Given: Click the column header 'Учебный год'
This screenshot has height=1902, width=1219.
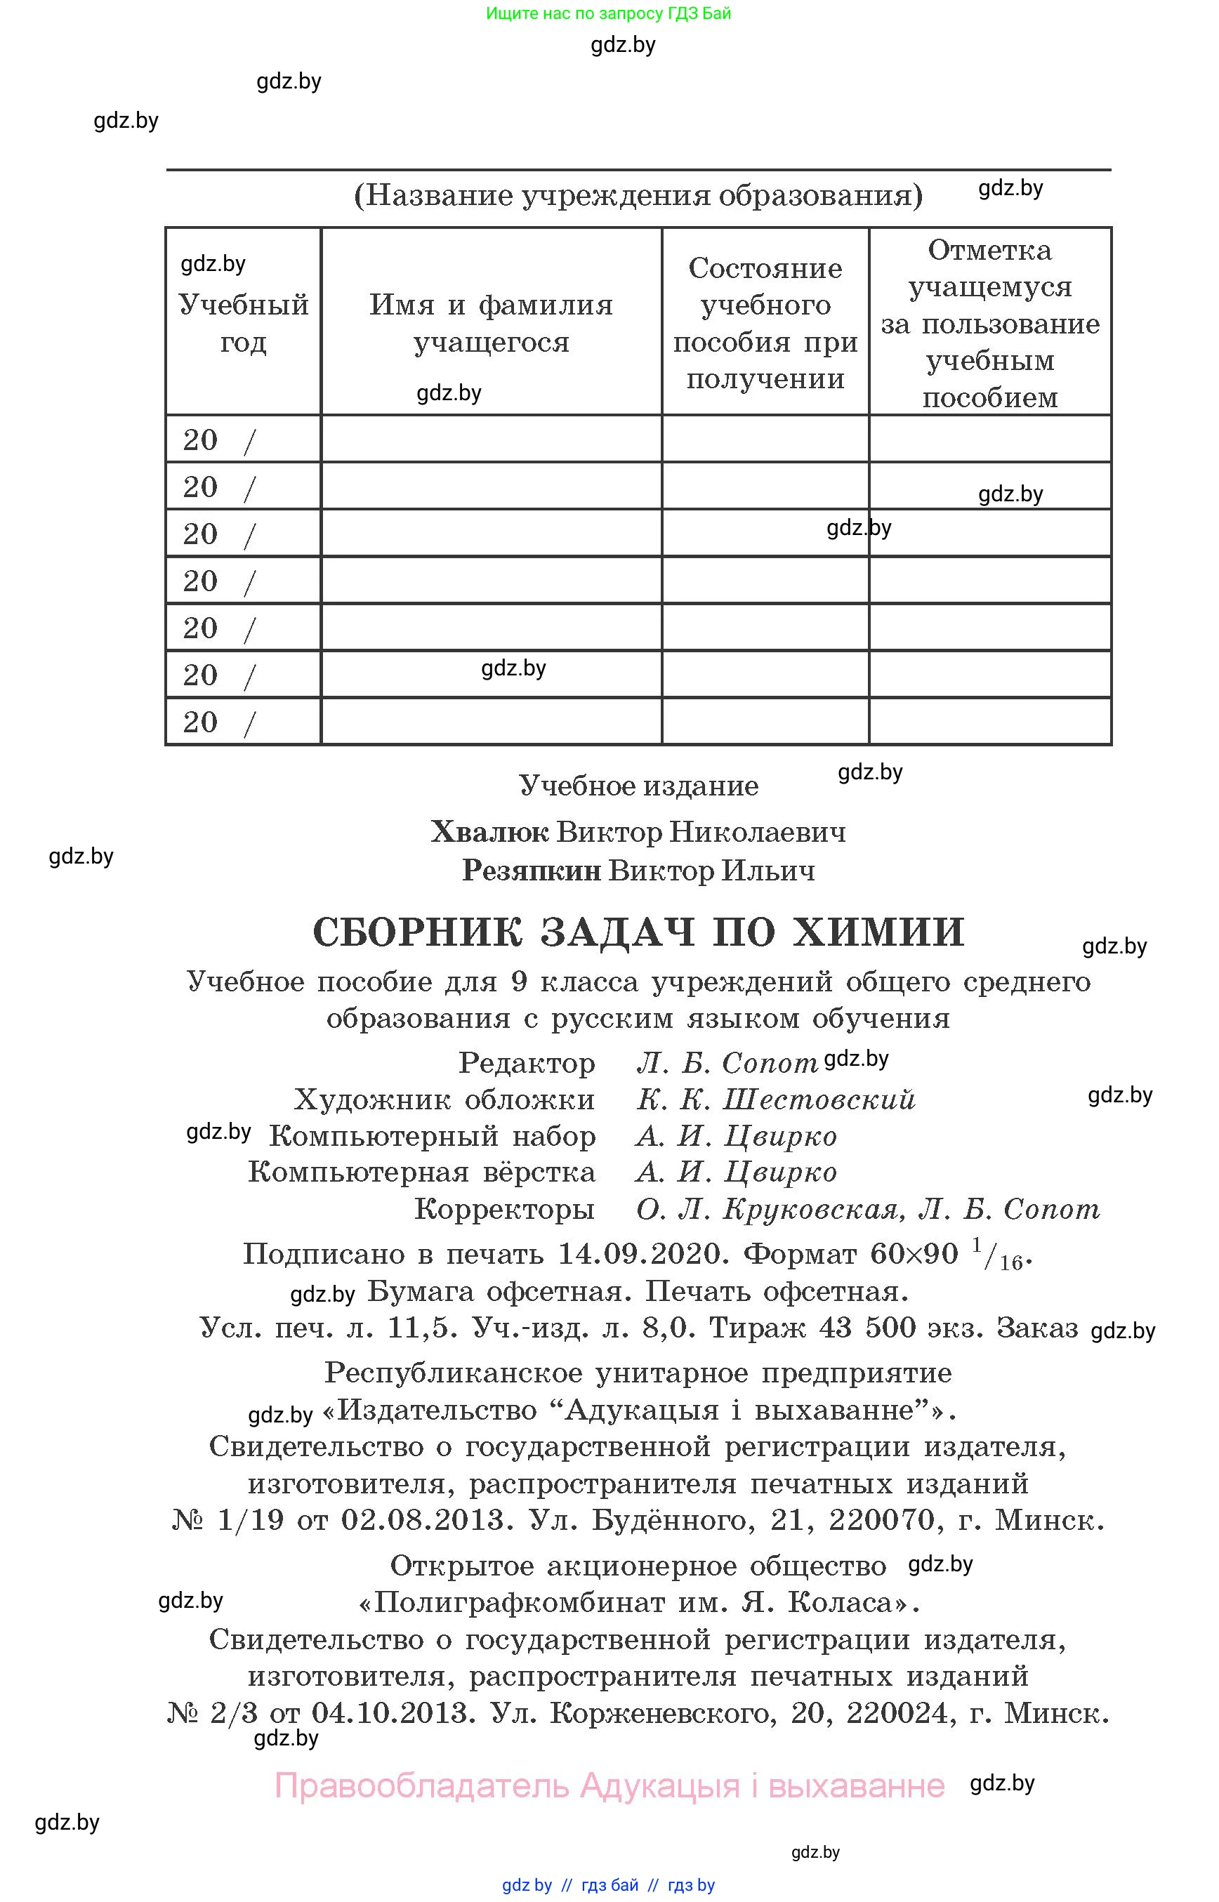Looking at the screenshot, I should [243, 323].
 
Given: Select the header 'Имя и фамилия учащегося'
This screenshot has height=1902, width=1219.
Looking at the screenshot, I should [491, 323].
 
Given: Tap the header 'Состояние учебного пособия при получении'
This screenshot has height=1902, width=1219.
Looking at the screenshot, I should [765, 323].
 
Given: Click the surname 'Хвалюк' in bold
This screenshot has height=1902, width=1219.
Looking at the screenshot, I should [489, 832].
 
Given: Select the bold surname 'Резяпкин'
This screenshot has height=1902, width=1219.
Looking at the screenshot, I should [532, 871].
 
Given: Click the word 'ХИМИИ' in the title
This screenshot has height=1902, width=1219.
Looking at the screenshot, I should [878, 932].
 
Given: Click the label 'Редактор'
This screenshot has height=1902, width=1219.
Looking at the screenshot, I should [527, 1063].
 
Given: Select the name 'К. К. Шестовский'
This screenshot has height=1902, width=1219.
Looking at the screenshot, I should [776, 1099].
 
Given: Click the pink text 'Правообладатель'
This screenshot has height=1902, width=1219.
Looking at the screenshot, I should [422, 1785].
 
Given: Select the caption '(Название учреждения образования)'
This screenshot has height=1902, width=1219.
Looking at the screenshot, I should [638, 194].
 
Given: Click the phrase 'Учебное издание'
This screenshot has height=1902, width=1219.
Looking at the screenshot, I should [638, 786].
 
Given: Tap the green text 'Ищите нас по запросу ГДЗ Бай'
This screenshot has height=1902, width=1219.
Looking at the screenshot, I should [608, 13].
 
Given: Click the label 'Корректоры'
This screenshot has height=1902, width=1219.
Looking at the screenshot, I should [504, 1208].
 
